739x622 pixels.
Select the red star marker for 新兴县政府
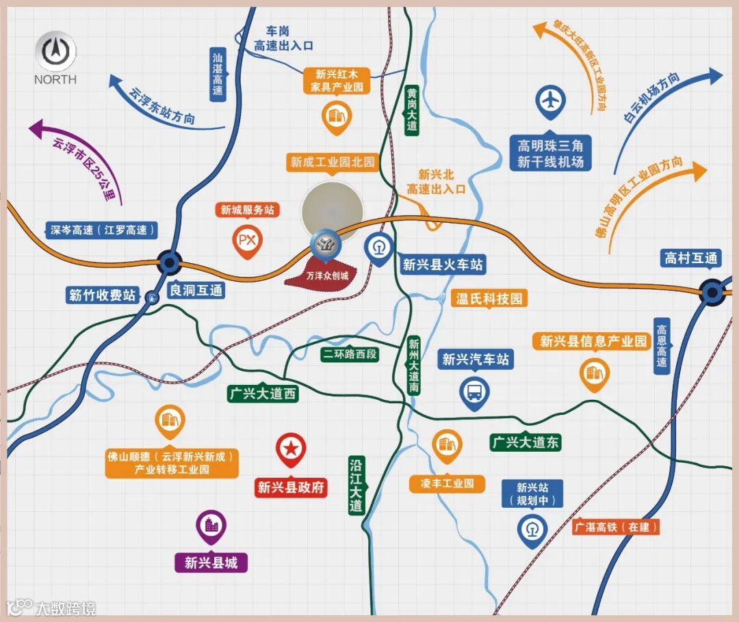(x=291, y=449)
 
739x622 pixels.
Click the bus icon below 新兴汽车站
(x=474, y=392)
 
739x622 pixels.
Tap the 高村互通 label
(x=691, y=258)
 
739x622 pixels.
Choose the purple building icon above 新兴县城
(x=211, y=525)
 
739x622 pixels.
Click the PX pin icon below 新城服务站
(x=247, y=240)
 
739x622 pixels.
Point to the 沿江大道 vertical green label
(x=355, y=485)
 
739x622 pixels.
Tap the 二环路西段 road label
(x=349, y=354)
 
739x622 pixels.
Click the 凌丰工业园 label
(x=448, y=483)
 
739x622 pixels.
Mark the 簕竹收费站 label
(x=103, y=295)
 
